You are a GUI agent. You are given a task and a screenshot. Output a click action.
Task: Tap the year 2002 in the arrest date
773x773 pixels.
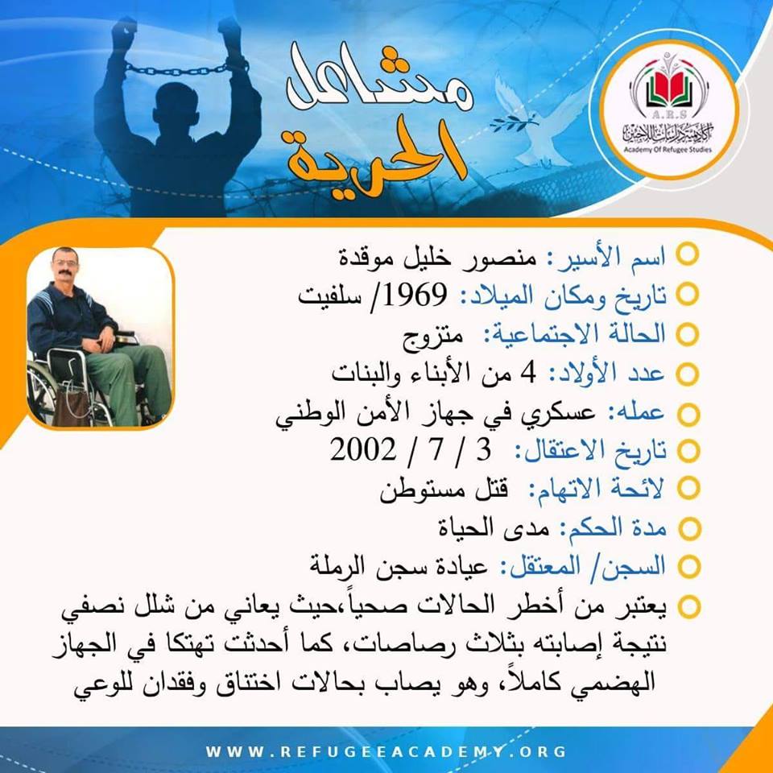point(363,449)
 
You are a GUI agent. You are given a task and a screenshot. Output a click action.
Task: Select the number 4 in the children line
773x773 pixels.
point(528,373)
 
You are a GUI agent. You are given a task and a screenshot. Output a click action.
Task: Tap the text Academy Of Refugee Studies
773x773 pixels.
point(668,150)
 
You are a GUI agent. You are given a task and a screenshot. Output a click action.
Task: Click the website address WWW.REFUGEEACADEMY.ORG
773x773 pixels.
point(386,752)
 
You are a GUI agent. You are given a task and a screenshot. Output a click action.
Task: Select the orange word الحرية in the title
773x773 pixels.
point(377,158)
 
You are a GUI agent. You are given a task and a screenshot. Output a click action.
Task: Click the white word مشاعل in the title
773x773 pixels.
point(379,79)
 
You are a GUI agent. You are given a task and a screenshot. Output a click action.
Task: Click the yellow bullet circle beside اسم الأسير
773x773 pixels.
point(687,255)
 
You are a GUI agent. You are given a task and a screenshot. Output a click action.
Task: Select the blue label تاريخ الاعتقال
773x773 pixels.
point(591,451)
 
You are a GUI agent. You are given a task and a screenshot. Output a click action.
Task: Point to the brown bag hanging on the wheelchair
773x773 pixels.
point(72,407)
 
